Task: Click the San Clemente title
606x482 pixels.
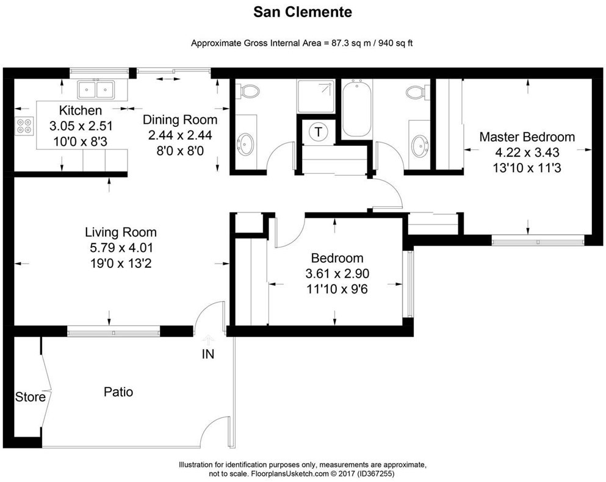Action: pyautogui.click(x=303, y=12)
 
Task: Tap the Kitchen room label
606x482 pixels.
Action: pyautogui.click(x=81, y=110)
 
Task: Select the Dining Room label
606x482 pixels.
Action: pyautogui.click(x=180, y=120)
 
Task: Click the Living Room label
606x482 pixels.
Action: pyautogui.click(x=121, y=232)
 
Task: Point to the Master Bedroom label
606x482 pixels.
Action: pyautogui.click(x=527, y=137)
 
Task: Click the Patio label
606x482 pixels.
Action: pyautogui.click(x=118, y=392)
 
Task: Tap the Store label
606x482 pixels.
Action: pyautogui.click(x=30, y=397)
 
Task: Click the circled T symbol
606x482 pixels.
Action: pyautogui.click(x=319, y=132)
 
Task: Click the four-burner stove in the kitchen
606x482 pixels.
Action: pyautogui.click(x=24, y=126)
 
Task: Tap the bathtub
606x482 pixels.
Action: pyautogui.click(x=357, y=109)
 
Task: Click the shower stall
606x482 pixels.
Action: pyautogui.click(x=316, y=96)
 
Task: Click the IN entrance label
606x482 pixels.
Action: pyautogui.click(x=208, y=354)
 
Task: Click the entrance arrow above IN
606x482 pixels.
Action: pyautogui.click(x=209, y=339)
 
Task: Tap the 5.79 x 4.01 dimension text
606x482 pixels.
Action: pyautogui.click(x=121, y=248)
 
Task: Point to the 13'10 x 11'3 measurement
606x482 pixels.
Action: pyautogui.click(x=527, y=168)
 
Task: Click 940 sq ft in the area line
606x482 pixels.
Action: pyautogui.click(x=395, y=43)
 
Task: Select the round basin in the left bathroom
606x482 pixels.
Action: pyautogui.click(x=245, y=143)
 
